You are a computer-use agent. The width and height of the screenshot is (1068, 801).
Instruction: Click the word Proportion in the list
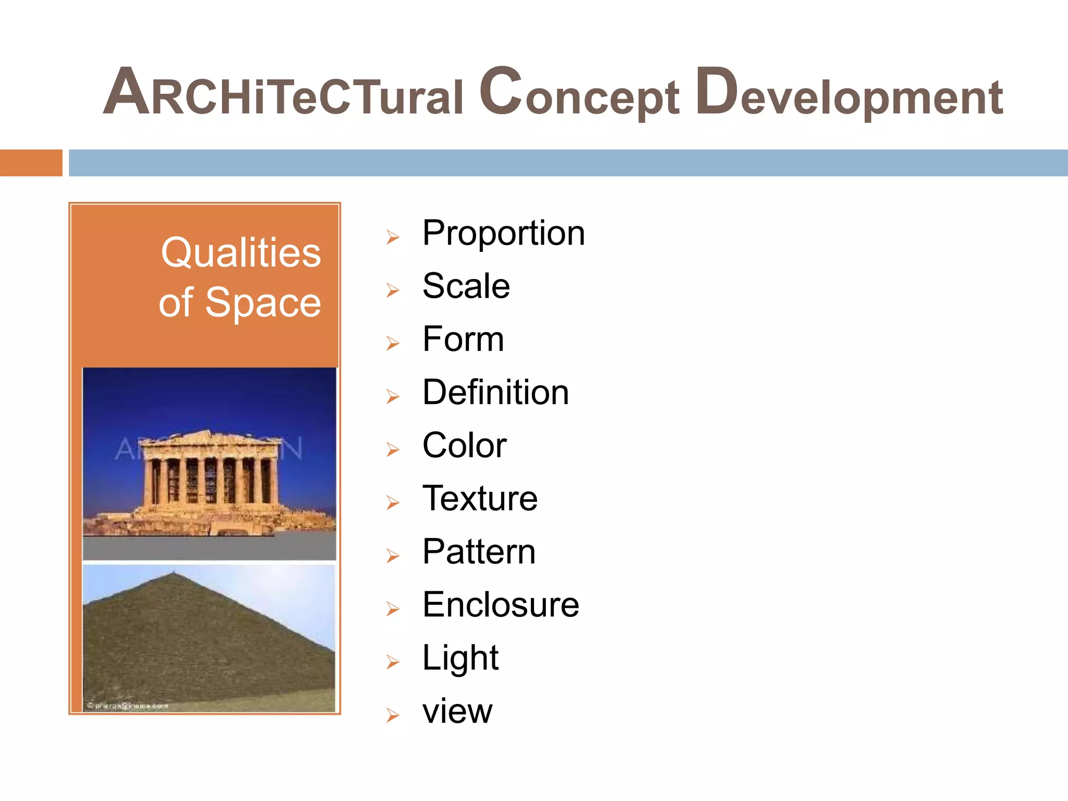pyautogui.click(x=503, y=234)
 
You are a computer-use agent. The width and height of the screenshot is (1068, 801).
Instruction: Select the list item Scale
pyautogui.click(x=466, y=286)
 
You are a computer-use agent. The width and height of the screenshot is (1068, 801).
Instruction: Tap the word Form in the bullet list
pyautogui.click(x=463, y=339)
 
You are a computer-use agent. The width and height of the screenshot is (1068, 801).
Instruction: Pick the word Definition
pyautogui.click(x=495, y=393)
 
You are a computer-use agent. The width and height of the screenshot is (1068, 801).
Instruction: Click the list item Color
pyautogui.click(x=464, y=446)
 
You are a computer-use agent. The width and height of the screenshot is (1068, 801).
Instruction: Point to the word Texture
pyautogui.click(x=480, y=499)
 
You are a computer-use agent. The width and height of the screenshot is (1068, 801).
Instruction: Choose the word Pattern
pyautogui.click(x=479, y=552)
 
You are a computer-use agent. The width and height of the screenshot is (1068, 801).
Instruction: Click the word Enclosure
pyautogui.click(x=501, y=605)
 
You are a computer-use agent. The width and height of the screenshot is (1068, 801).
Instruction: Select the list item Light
pyautogui.click(x=460, y=658)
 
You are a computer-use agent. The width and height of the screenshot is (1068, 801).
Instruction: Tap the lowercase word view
pyautogui.click(x=457, y=712)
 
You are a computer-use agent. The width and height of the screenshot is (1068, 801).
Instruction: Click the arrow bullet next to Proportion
pyautogui.click(x=393, y=238)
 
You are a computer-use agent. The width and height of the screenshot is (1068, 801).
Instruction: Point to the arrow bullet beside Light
pyautogui.click(x=393, y=662)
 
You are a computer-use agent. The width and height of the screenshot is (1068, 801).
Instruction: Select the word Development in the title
pyautogui.click(x=849, y=94)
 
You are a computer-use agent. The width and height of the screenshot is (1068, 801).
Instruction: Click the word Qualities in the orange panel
pyautogui.click(x=240, y=253)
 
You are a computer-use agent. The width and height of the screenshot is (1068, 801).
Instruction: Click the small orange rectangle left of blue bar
pyautogui.click(x=31, y=163)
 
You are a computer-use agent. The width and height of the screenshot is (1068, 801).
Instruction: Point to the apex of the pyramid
pyautogui.click(x=173, y=574)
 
